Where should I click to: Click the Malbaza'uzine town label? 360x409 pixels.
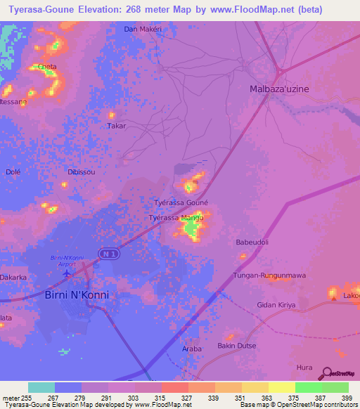(x=279, y=89)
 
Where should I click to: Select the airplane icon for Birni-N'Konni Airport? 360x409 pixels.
(x=67, y=273)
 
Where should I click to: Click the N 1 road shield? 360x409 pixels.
(x=106, y=254)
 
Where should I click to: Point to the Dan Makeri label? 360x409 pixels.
(x=143, y=29)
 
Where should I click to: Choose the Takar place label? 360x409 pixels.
(x=116, y=126)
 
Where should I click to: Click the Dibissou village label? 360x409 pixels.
(x=82, y=171)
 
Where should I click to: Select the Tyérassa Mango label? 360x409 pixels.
(x=176, y=218)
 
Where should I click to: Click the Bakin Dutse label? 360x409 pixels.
(x=236, y=346)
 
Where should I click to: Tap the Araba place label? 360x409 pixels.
(x=191, y=349)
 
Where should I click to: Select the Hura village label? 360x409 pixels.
(x=304, y=367)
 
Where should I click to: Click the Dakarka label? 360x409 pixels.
(x=13, y=278)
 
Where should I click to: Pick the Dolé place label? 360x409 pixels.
(x=13, y=171)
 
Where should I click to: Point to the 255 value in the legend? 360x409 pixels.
(x=27, y=398)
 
